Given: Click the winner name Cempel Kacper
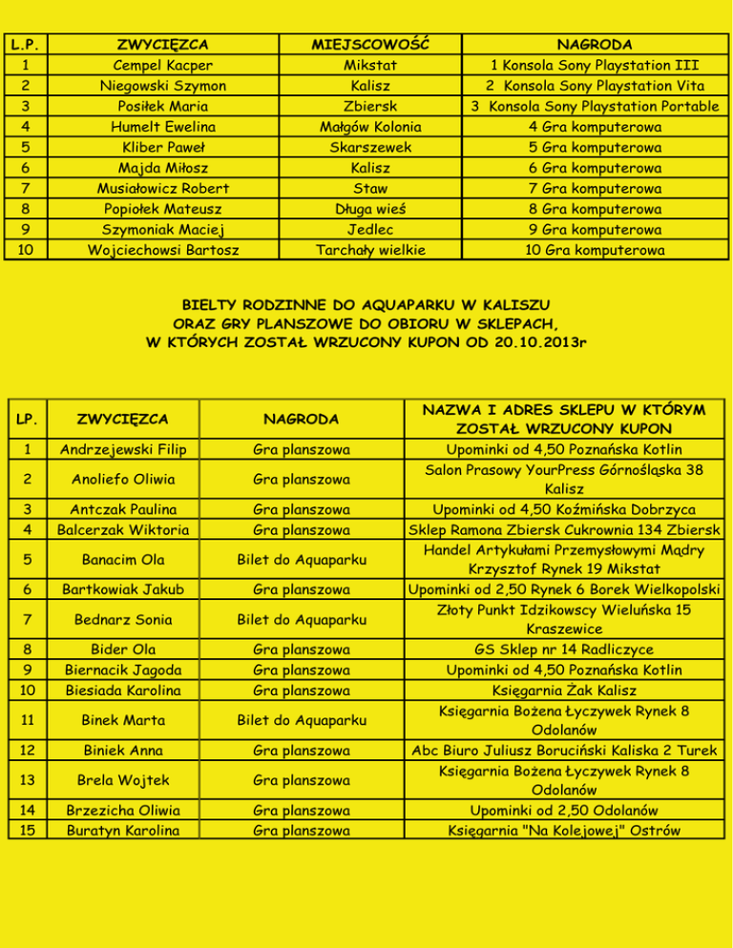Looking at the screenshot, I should point(163,66).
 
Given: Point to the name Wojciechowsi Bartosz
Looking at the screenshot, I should point(163,250).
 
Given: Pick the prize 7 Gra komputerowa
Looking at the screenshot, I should point(596,189).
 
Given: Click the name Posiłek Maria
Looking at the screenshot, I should point(163,107).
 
